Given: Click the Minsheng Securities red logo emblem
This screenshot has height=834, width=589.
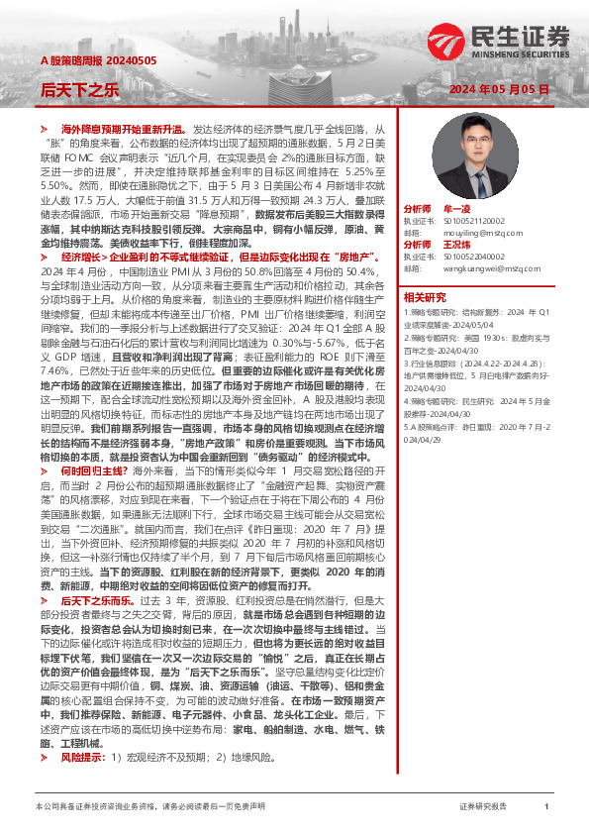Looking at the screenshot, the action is click(x=443, y=43).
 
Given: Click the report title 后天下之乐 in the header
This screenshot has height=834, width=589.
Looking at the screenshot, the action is click(x=80, y=90).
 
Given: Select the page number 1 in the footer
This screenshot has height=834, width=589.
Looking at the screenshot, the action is click(x=546, y=806).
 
